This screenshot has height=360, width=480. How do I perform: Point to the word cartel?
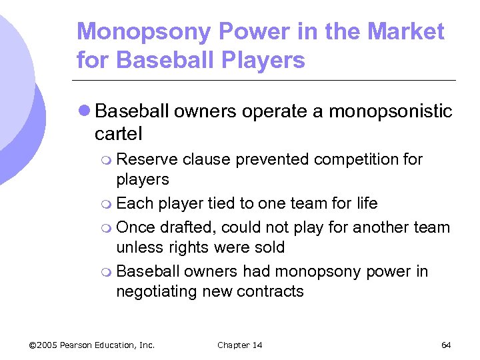118,133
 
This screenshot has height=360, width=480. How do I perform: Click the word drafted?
184,227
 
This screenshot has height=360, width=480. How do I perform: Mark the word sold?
269,247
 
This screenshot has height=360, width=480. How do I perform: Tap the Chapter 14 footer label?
239,345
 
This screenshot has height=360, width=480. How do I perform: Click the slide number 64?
446,345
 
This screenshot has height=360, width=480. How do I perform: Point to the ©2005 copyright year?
43,345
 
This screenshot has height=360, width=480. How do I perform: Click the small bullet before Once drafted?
108,228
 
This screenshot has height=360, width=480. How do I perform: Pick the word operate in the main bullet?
273,111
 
